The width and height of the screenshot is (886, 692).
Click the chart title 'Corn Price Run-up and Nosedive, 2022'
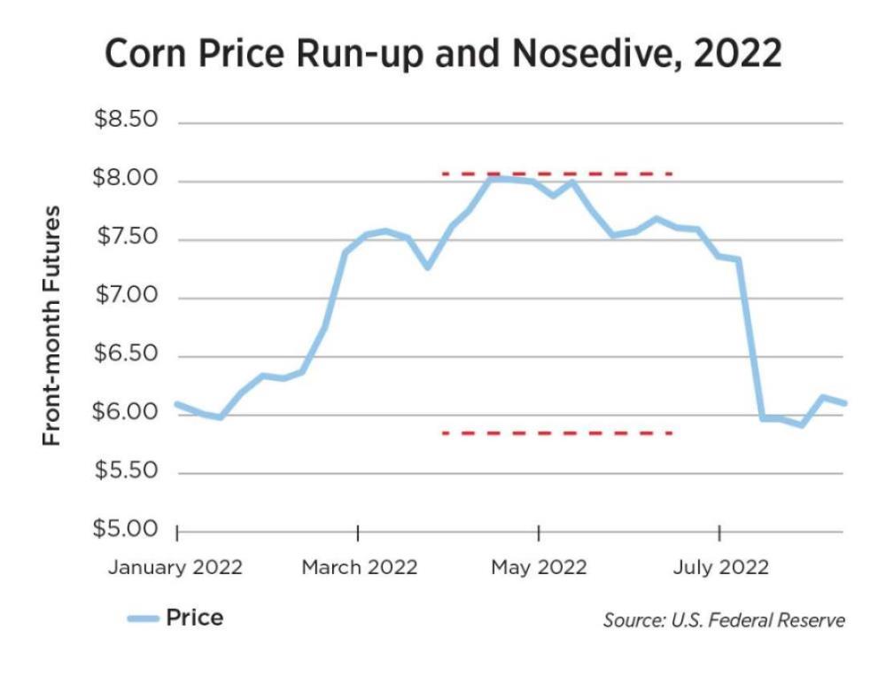pyautogui.click(x=443, y=54)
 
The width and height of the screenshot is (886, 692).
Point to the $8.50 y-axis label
pyautogui.click(x=127, y=121)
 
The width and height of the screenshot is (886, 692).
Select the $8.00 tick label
pyautogui.click(x=127, y=179)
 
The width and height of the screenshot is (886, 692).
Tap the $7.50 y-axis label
pyautogui.click(x=127, y=237)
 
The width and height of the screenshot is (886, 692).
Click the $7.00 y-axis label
pyautogui.click(x=127, y=296)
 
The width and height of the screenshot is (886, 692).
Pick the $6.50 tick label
pyautogui.click(x=127, y=354)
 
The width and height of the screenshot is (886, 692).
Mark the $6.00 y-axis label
pyautogui.click(x=127, y=413)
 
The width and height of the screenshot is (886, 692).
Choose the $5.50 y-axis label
pyautogui.click(x=127, y=471)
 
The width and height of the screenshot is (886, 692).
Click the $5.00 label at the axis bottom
pyautogui.click(x=127, y=530)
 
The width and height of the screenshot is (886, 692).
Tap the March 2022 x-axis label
pyautogui.click(x=359, y=567)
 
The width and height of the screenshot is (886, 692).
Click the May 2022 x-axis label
pyautogui.click(x=539, y=567)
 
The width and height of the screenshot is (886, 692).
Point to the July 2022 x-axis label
pyautogui.click(x=720, y=567)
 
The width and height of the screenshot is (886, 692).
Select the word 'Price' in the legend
pyautogui.click(x=195, y=618)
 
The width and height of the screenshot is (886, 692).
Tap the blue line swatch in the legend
pyautogui.click(x=142, y=618)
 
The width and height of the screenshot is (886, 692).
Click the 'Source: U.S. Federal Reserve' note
pyautogui.click(x=724, y=619)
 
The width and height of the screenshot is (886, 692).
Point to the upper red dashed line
pyautogui.click(x=558, y=174)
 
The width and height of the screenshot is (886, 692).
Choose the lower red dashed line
pyautogui.click(x=558, y=433)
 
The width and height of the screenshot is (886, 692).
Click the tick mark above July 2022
pyautogui.click(x=719, y=533)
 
